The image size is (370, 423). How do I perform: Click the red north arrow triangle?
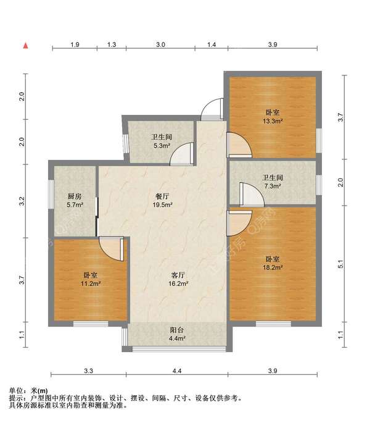tap(26, 46)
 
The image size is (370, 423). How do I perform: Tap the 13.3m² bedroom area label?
tap(273, 117)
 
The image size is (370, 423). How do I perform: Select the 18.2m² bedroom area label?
tap(273, 263)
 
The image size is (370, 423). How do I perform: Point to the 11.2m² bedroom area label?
tap(91, 279)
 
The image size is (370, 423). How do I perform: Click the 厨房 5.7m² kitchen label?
tap(75, 201)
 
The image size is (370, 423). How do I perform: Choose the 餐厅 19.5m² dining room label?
tap(163, 201)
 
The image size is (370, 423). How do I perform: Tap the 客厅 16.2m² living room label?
tap(178, 279)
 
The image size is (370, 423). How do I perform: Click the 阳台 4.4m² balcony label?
tap(177, 334)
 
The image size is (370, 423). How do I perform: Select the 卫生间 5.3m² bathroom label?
tap(162, 141)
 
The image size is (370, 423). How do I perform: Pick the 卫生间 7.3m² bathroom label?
tap(273, 182)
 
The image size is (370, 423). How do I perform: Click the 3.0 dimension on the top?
tap(160, 44)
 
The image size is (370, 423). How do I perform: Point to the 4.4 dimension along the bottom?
tap(177, 371)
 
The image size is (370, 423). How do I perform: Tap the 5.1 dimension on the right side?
tap(340, 264)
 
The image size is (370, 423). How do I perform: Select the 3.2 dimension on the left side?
tap(22, 201)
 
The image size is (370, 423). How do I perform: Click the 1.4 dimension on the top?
tap(212, 44)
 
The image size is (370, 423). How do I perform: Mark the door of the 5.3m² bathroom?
tap(181, 154)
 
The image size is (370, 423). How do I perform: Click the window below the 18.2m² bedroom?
tap(273, 324)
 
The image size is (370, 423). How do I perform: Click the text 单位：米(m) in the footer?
tap(28, 390)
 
